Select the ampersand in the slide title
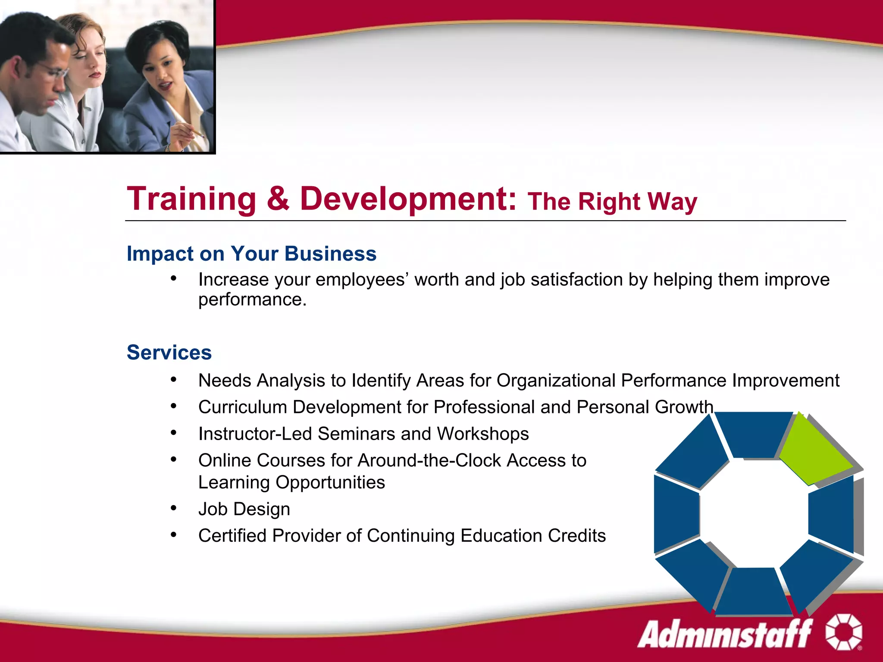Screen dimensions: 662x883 (x=278, y=199)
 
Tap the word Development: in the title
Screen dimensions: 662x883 (x=408, y=199)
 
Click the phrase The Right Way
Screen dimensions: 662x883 (x=612, y=202)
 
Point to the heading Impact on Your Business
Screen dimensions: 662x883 (x=251, y=253)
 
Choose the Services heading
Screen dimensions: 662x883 (x=169, y=353)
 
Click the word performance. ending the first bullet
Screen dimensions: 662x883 (x=252, y=300)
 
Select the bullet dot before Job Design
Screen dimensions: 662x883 (x=173, y=508)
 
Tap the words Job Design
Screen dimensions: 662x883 (x=244, y=509)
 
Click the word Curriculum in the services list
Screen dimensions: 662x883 (x=242, y=407)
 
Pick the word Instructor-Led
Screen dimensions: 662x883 (x=255, y=434)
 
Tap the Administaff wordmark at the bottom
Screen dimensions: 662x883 (x=724, y=634)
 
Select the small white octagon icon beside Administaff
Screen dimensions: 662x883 (x=843, y=632)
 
